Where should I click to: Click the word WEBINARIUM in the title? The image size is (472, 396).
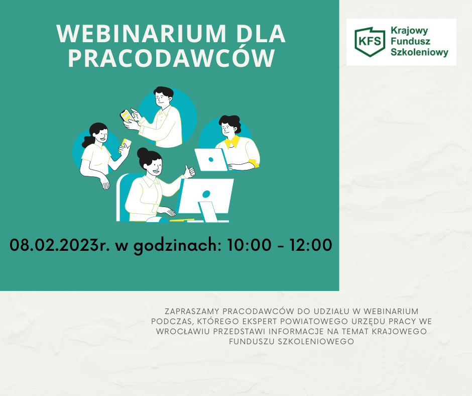[141, 34]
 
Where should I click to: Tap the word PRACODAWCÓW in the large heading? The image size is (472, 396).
[172, 58]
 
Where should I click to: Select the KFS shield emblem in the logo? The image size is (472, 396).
[370, 42]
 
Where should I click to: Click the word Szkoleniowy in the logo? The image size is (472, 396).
[419, 52]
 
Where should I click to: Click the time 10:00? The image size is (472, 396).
[249, 245]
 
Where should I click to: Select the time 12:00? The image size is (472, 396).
[311, 245]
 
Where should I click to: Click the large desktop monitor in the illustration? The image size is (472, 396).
[205, 199]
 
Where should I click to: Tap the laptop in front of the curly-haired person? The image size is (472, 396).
[211, 160]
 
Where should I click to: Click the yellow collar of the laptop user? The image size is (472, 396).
[232, 142]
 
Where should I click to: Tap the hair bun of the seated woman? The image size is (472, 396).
[143, 153]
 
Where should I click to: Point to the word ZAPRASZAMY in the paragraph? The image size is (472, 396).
[192, 311]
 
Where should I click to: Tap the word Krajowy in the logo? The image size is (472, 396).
[409, 31]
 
